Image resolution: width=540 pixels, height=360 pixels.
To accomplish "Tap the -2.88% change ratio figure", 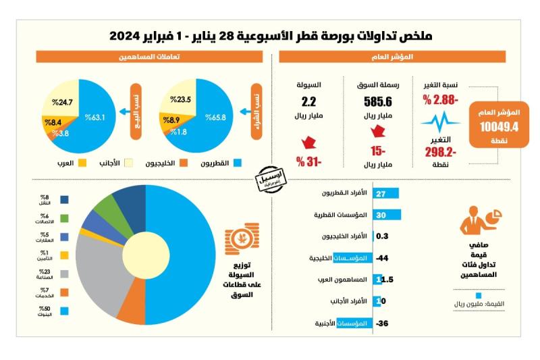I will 441,100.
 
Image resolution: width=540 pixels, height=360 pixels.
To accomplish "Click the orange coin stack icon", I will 238,239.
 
